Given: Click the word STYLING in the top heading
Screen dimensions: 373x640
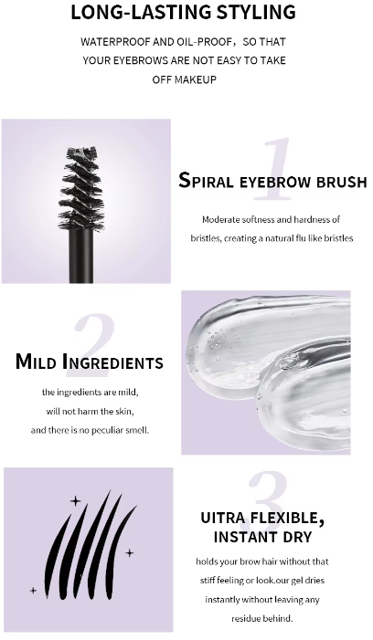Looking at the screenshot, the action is click(256, 12).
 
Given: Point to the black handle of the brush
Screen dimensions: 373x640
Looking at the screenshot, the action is click(81, 257).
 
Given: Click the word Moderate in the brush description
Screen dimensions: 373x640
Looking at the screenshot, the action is click(221, 220).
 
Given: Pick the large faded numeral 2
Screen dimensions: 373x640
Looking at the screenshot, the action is click(92, 345).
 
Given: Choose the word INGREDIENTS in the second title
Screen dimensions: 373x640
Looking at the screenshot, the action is click(112, 362).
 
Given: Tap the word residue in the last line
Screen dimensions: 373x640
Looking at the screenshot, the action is click(245, 618).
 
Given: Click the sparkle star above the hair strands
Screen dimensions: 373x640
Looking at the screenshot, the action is click(76, 501).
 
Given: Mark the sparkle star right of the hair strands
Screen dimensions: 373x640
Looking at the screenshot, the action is click(130, 553).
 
